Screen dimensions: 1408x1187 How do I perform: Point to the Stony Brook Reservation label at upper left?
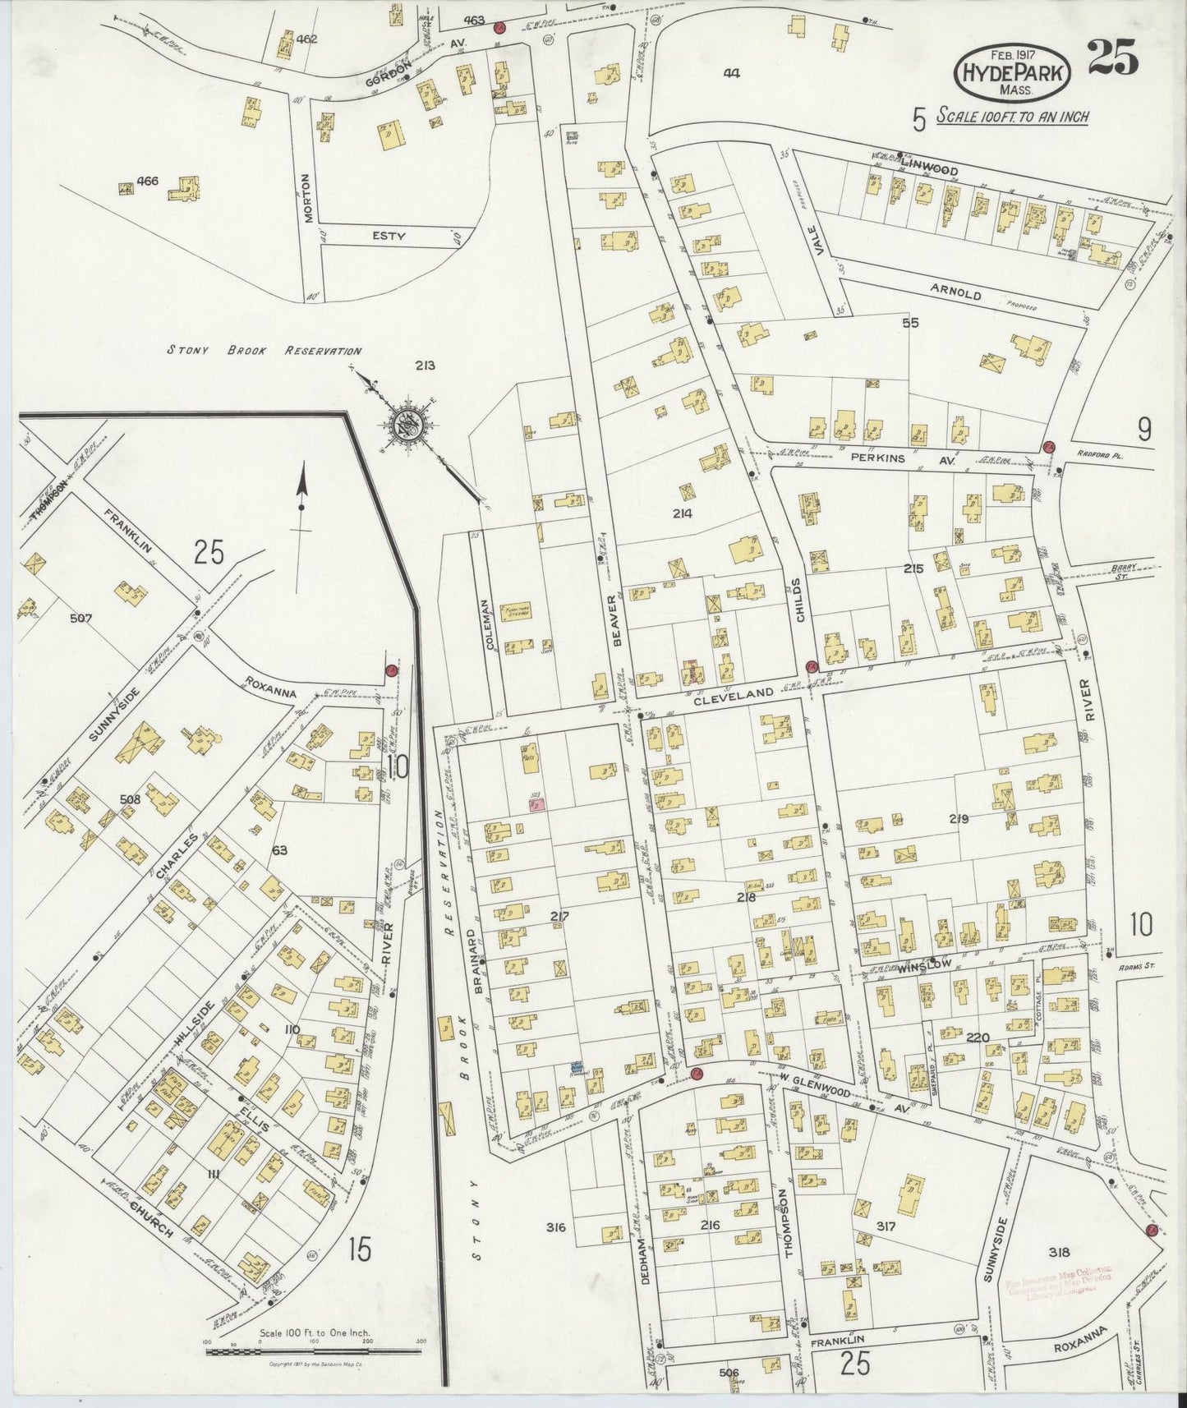(x=264, y=351)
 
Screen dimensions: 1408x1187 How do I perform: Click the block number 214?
(x=681, y=514)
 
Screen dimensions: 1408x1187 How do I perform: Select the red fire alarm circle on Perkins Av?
(x=1048, y=446)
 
